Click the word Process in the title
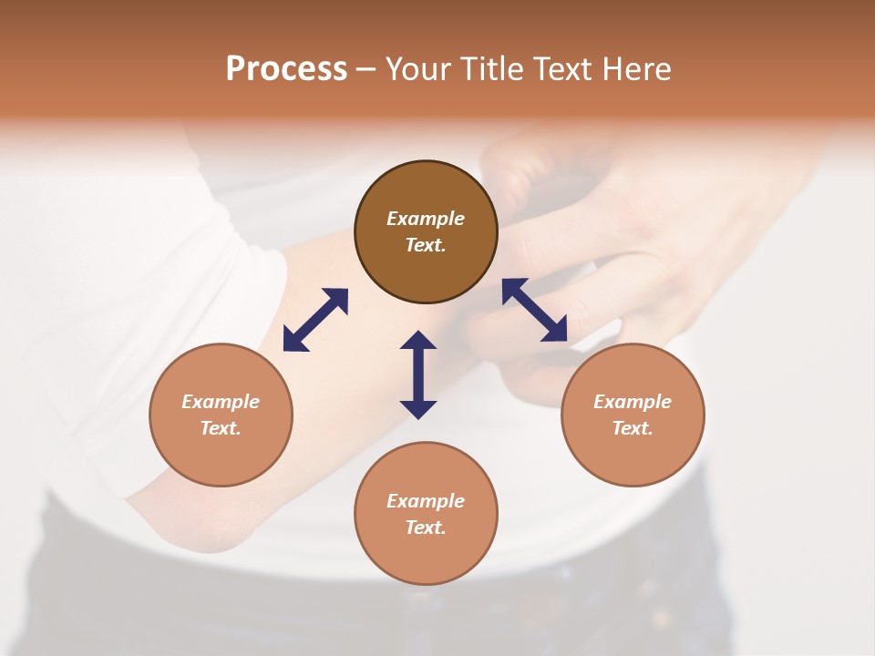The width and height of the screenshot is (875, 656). coord(286,69)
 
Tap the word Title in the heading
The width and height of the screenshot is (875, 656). coord(497,69)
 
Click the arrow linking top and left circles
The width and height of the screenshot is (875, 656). coord(315,320)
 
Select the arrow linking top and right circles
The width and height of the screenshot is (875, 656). coord(535,310)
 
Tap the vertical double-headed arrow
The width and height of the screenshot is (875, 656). coord(418,374)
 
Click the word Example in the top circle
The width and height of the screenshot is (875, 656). coord(426,219)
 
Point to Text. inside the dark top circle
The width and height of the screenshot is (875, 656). coord(426,245)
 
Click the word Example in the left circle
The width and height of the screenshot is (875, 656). coord(221,402)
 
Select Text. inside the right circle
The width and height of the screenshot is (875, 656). coord(633,428)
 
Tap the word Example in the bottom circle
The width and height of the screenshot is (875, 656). coord(426,501)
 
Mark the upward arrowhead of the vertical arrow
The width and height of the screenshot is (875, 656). coord(418,341)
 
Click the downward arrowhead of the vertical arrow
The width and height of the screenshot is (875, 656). coord(418,409)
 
